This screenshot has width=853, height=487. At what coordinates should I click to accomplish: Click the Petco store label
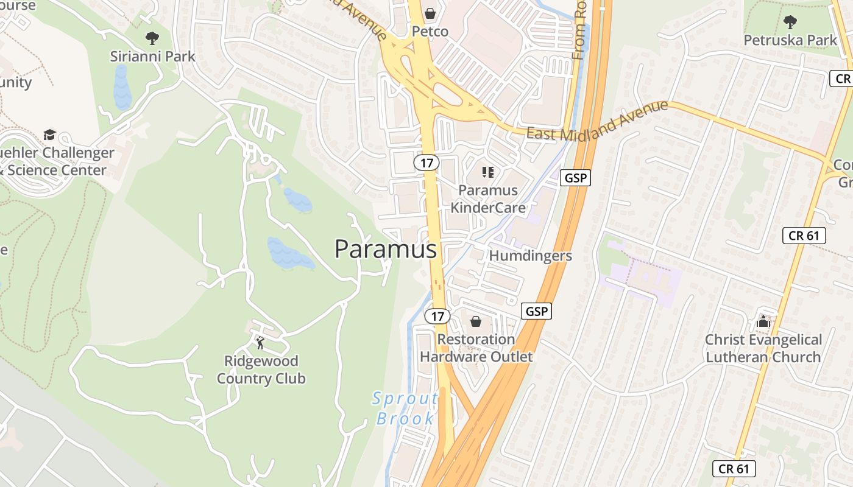click(x=430, y=31)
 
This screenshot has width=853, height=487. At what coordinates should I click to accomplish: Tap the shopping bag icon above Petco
click(x=430, y=13)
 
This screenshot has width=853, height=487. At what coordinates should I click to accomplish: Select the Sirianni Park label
click(x=152, y=56)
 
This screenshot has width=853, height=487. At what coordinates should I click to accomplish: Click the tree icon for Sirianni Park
click(x=152, y=38)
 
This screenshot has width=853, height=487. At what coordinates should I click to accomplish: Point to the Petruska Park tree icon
click(x=790, y=23)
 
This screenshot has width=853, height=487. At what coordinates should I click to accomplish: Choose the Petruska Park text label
click(x=790, y=40)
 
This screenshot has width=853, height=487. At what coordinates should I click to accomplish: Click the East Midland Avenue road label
click(x=597, y=120)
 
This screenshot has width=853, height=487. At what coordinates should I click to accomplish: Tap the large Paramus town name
click(x=386, y=249)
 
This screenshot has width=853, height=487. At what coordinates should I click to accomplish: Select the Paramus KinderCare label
click(x=488, y=199)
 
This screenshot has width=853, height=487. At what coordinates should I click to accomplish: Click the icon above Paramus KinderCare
click(x=487, y=172)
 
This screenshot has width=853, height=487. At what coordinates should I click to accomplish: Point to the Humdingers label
click(x=530, y=256)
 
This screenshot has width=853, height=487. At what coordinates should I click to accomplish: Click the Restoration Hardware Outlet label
click(x=476, y=348)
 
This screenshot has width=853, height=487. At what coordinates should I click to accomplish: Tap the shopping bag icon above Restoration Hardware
click(x=476, y=321)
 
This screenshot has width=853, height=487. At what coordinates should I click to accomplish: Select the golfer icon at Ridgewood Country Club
click(x=261, y=343)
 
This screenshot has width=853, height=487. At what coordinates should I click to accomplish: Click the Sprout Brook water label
click(x=405, y=408)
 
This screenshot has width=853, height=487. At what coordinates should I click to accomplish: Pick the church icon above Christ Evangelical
click(x=763, y=321)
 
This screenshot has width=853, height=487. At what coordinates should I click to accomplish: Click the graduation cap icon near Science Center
click(x=49, y=135)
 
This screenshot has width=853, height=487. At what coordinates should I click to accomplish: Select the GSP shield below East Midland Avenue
click(x=575, y=178)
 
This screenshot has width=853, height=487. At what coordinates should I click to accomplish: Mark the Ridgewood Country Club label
click(x=261, y=370)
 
